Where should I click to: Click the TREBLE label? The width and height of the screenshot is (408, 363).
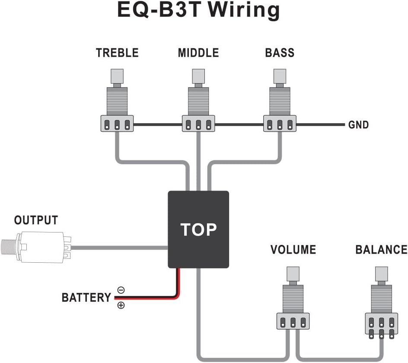coord(117,53)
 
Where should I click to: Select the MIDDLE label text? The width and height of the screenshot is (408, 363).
coord(198,53)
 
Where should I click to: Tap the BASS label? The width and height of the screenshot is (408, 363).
coord(280,53)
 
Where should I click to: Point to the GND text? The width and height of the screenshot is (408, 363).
coord(359,125)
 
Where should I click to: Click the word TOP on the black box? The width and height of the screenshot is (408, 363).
coord(198,229)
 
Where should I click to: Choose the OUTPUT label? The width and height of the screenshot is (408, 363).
coord(36,220)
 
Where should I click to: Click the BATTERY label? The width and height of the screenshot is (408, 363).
coord(86,298)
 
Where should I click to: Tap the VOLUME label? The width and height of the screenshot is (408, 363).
coord(293,250)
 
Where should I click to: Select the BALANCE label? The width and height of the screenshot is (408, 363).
coord(381,250)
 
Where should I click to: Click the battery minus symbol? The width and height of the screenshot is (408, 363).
coord(121,290)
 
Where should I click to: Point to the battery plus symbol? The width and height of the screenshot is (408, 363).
coord(121,306)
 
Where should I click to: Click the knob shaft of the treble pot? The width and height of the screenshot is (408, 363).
coord(117,76)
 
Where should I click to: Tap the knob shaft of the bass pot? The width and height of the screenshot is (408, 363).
coord(280,76)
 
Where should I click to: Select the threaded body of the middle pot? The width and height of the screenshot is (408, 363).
coord(198,100)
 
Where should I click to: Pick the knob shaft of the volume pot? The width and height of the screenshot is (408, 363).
coord(293,274)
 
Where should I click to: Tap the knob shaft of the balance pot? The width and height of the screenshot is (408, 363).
coord(381,274)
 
